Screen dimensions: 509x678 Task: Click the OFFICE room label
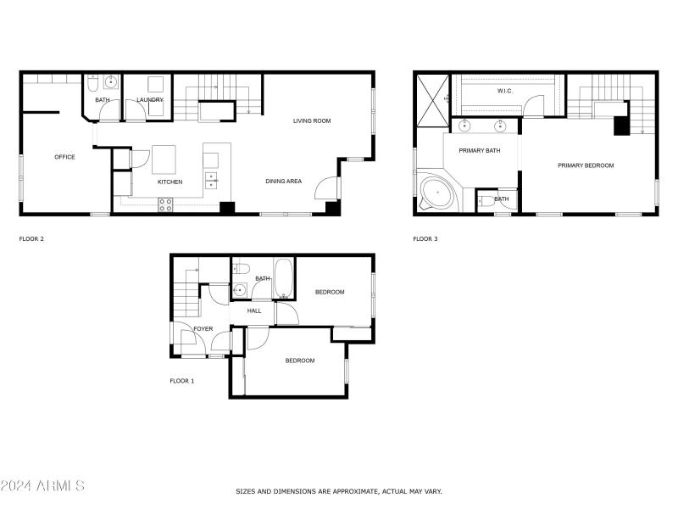[64, 157]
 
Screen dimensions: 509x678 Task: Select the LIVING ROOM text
[312, 121]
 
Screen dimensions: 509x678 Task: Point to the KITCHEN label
[169, 182]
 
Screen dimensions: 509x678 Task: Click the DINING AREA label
[284, 182]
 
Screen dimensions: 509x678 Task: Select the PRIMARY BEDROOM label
[586, 165]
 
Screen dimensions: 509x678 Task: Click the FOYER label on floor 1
[203, 329]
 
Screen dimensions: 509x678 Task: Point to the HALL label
[254, 311]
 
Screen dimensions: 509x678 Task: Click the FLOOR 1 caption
[182, 381]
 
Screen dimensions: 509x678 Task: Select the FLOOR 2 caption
[31, 239]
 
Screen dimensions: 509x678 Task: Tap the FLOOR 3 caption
[425, 239]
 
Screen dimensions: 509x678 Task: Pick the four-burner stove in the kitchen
[165, 204]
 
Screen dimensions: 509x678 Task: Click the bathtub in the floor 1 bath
[284, 280]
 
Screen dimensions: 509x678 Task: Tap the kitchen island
[163, 159]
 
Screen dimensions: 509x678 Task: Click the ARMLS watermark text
[42, 486]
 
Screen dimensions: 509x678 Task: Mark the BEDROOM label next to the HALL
[330, 293]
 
